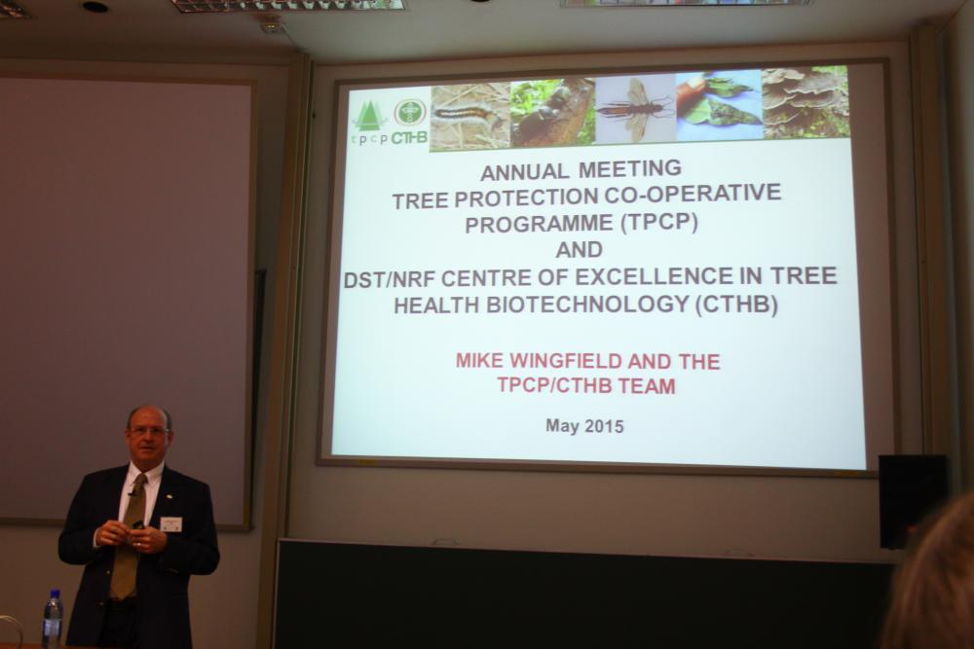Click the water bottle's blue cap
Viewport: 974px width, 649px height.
pos(54,595)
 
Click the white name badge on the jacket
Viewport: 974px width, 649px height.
pos(170,524)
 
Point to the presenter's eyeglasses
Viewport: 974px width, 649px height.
pos(147,431)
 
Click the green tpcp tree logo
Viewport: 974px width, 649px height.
pos(370,117)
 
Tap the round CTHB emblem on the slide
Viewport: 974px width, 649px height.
pos(410,112)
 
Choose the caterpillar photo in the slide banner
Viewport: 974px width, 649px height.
pos(470,117)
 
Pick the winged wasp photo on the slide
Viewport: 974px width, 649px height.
pos(635,109)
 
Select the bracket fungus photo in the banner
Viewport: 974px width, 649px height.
pos(805,102)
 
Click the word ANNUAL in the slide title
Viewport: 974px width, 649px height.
pos(525,171)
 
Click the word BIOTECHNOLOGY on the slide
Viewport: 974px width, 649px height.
pos(587,304)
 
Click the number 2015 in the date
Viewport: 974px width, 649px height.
pos(603,427)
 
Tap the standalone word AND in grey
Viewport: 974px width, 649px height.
pos(579,250)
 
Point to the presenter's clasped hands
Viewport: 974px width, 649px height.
pos(131,535)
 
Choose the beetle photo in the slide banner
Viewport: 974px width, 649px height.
pos(552,112)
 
